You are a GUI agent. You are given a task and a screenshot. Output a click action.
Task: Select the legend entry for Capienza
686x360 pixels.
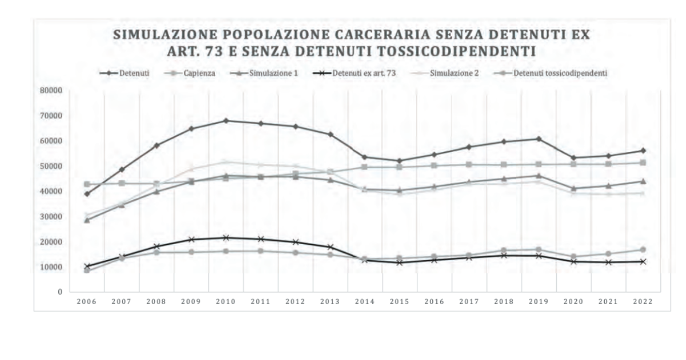199,74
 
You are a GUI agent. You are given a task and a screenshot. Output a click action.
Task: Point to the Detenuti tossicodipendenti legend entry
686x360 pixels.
552,74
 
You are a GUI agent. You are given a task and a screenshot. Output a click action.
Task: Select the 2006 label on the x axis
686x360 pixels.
87,301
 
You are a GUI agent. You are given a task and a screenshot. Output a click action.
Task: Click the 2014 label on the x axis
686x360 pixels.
365,301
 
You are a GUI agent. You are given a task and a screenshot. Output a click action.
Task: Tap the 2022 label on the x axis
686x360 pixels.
643,301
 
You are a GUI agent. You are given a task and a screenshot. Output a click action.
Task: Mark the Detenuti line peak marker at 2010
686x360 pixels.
226,121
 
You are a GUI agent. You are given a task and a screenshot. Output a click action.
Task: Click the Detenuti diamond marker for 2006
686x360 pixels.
87,194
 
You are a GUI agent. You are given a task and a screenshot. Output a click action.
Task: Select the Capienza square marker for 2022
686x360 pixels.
643,163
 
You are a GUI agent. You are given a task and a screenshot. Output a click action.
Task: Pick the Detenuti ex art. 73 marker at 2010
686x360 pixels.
226,238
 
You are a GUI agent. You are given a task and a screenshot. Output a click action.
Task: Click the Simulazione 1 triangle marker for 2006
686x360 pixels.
87,219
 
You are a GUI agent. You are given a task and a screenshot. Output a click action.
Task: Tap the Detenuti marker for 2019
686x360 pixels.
539,139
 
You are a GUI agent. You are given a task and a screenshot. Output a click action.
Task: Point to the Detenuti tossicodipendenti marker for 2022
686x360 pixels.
643,250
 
